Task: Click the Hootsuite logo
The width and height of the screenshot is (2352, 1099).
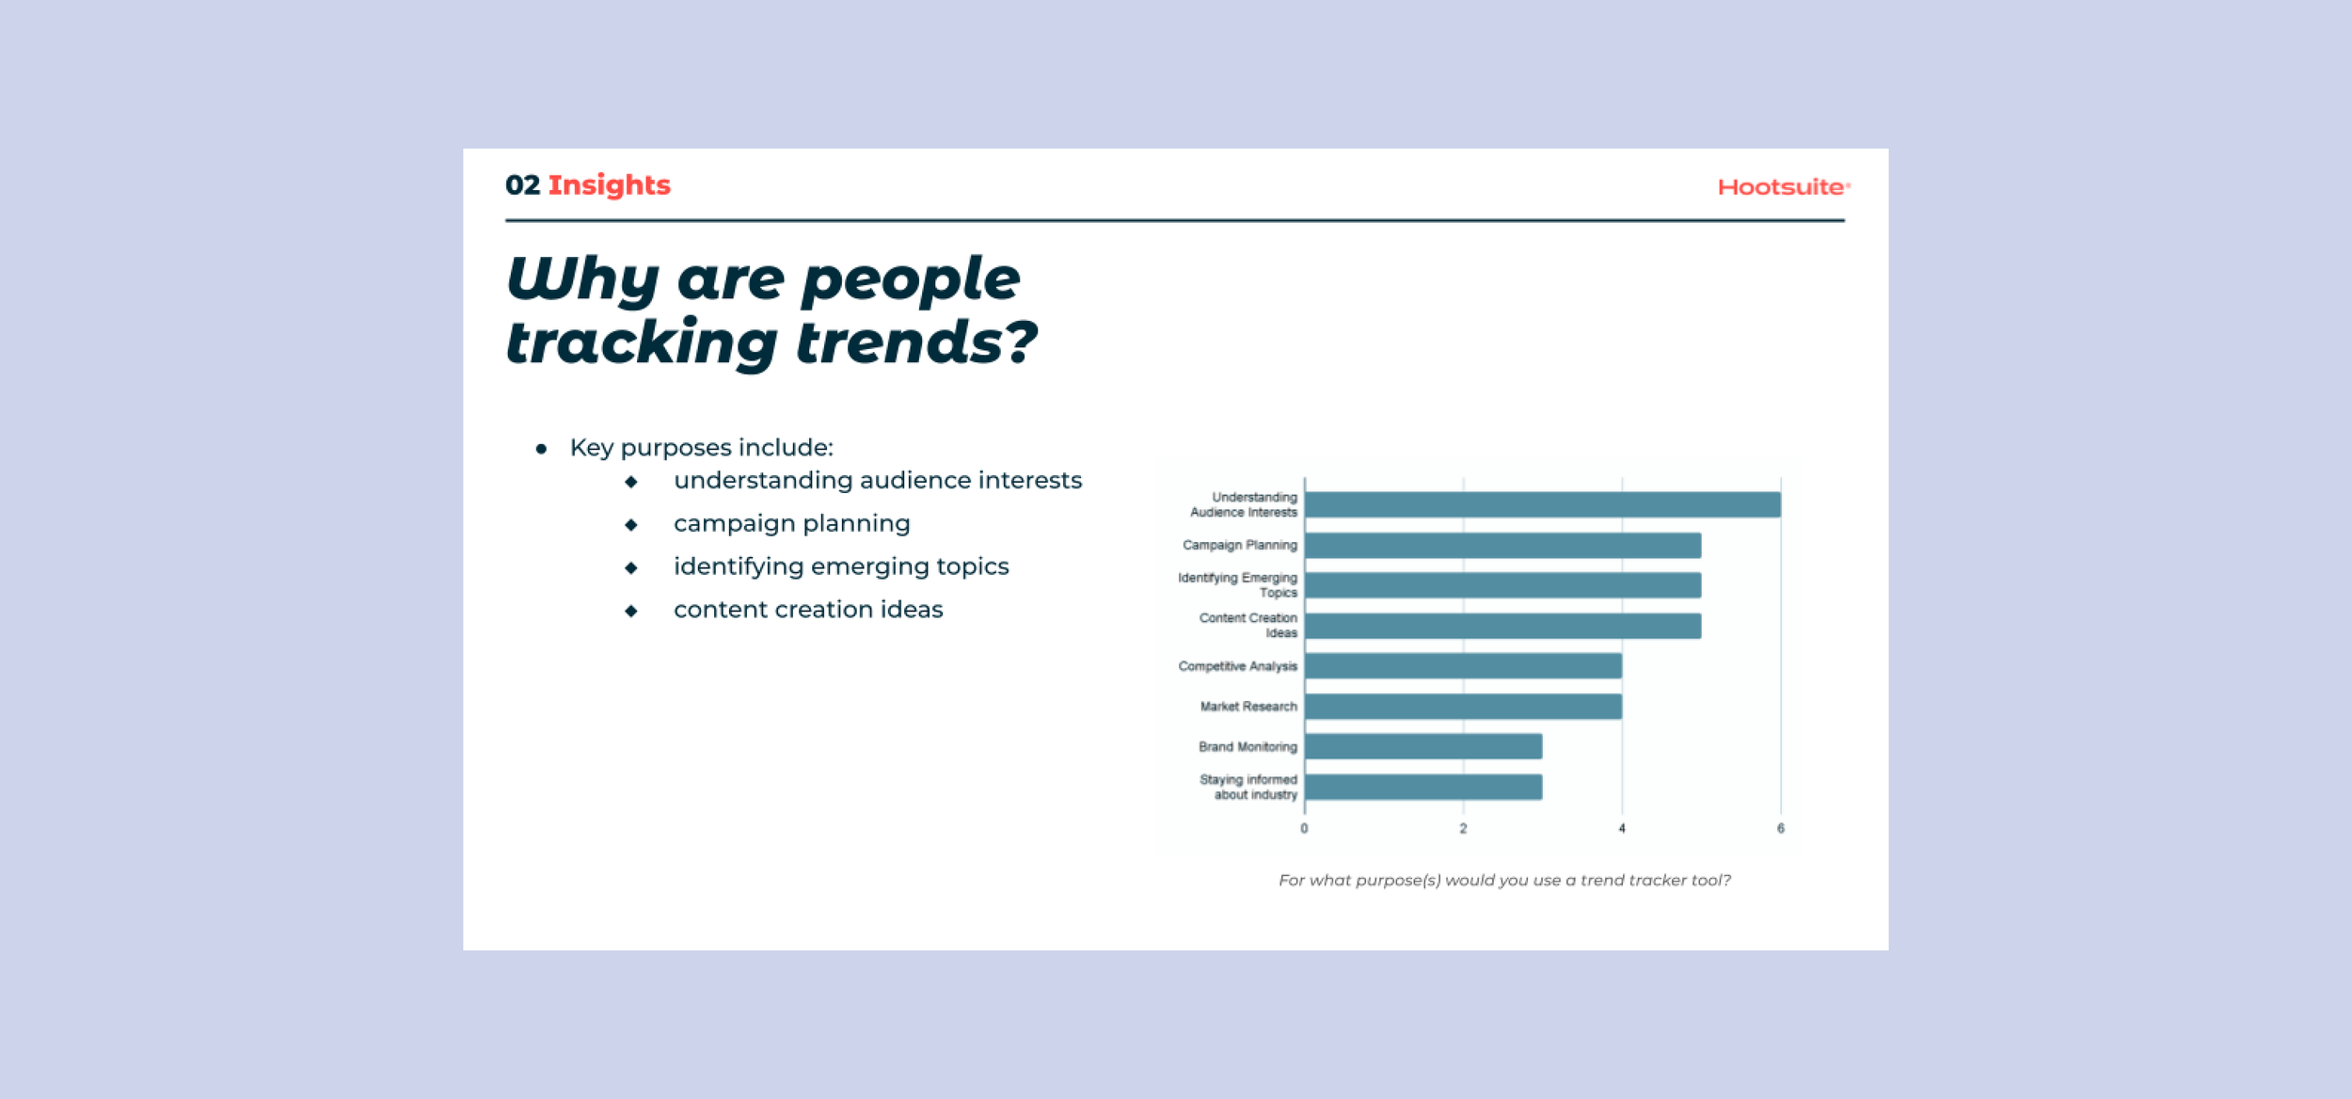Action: (x=1782, y=187)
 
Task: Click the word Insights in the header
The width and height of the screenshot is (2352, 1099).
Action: (x=609, y=185)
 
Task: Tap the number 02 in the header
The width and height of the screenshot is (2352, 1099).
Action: (x=522, y=185)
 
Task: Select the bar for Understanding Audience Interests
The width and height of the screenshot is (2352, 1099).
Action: (x=1542, y=504)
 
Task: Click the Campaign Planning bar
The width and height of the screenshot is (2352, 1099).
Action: (x=1502, y=546)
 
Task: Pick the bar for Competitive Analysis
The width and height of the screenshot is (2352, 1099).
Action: (x=1463, y=666)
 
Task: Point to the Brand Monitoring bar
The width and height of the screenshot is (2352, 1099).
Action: (x=1422, y=746)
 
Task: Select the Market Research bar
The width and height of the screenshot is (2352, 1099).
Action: (x=1463, y=707)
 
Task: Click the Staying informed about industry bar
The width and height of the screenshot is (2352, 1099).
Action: (x=1422, y=788)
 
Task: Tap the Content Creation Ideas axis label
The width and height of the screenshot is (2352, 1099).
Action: (x=1248, y=626)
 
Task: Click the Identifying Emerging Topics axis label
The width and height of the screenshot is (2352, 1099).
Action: (x=1238, y=585)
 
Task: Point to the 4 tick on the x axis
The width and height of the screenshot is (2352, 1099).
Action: (x=1621, y=829)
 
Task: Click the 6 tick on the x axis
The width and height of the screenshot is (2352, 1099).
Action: (x=1780, y=829)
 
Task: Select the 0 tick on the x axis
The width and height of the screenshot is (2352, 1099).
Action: (x=1304, y=829)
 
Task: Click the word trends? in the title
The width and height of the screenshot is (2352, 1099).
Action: (x=916, y=342)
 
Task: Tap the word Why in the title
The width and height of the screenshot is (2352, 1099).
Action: (x=582, y=279)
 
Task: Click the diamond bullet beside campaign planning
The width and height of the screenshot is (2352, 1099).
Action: (x=631, y=525)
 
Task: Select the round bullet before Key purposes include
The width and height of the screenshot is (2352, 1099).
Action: (x=541, y=449)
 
